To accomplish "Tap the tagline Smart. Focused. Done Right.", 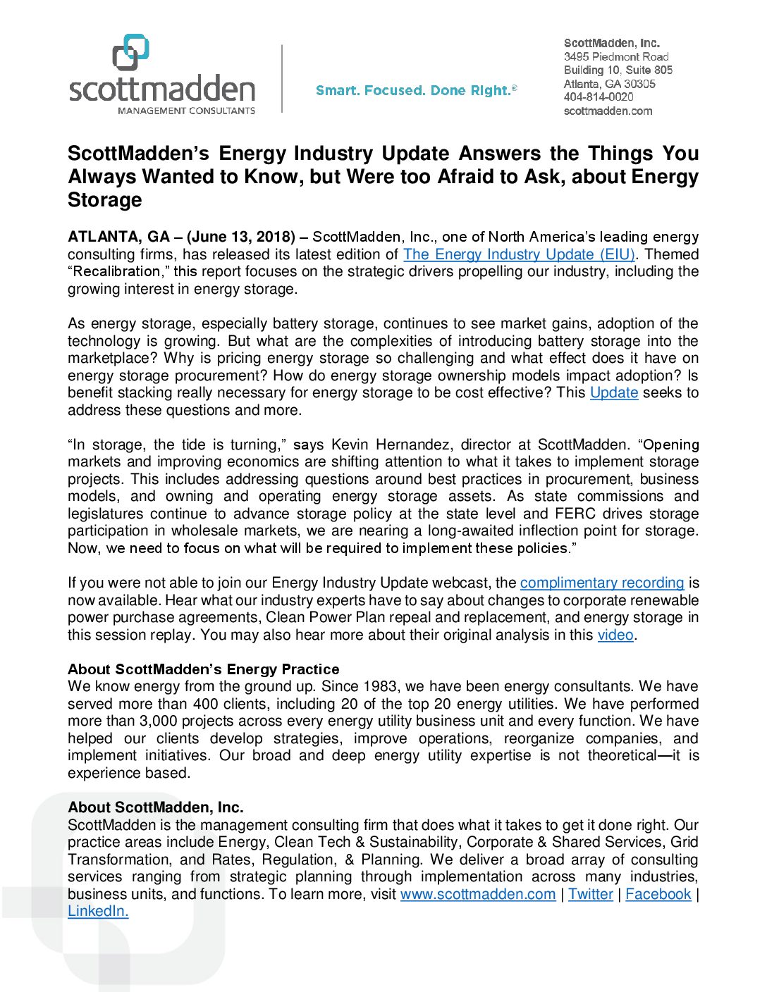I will [x=416, y=91].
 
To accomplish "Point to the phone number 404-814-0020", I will [x=599, y=97].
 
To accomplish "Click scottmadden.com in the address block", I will [x=608, y=111].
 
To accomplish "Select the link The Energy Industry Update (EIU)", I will [x=519, y=254].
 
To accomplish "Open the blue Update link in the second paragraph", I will [x=614, y=392].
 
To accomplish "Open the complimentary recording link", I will [x=602, y=583].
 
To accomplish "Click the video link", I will [x=615, y=635].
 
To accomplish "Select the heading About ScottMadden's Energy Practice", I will [x=203, y=669].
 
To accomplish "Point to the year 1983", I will [x=381, y=686].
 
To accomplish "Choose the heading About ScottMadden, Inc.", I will [x=155, y=807].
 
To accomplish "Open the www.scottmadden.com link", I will [x=478, y=894].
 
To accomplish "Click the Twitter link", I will [x=591, y=894].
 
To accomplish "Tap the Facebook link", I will [x=658, y=894].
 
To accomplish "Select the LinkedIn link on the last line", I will [x=98, y=911].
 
